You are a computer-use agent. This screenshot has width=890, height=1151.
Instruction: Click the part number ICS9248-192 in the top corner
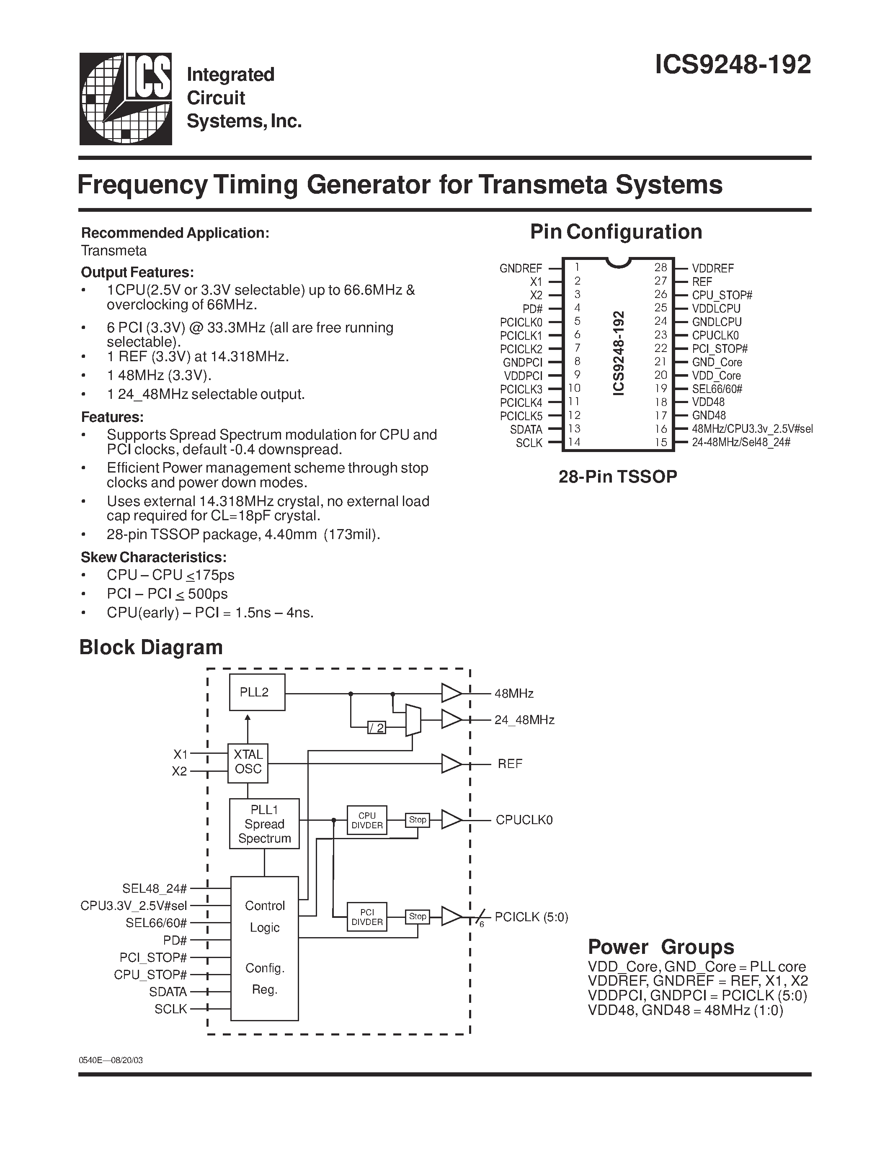coord(733,65)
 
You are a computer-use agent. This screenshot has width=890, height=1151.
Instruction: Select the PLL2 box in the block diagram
coord(257,692)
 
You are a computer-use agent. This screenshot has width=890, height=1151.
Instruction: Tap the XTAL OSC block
coord(248,762)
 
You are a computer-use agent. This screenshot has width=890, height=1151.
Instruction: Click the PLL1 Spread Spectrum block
coord(264,824)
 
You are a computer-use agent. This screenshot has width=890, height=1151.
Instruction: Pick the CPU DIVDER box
coord(366,820)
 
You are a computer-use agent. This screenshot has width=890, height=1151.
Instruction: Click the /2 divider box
coord(377,728)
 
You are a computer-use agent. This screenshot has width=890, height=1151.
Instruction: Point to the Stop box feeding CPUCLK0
coord(417,820)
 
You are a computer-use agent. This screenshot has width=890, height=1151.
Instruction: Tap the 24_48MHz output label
coord(524,720)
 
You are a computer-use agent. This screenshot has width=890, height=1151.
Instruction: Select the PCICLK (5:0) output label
coord(531,917)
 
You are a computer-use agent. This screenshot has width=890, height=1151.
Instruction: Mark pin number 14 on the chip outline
coord(574,442)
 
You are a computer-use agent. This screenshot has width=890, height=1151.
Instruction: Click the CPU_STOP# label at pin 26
coord(722,295)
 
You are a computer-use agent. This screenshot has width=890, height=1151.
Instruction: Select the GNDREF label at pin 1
coord(521,268)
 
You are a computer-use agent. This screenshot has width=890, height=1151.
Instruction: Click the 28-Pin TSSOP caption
coord(617,476)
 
